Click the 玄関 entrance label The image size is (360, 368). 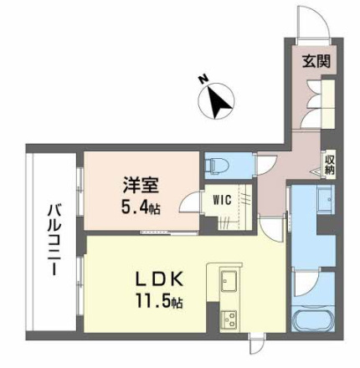click(315, 61)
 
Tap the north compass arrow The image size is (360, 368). click(219, 103)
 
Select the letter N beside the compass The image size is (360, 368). click(203, 80)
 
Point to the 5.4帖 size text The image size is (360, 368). click(138, 207)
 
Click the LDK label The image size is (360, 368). click(155, 279)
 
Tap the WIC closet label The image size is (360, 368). click(221, 200)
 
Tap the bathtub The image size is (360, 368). click(313, 324)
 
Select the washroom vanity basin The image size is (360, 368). click(325, 201)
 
